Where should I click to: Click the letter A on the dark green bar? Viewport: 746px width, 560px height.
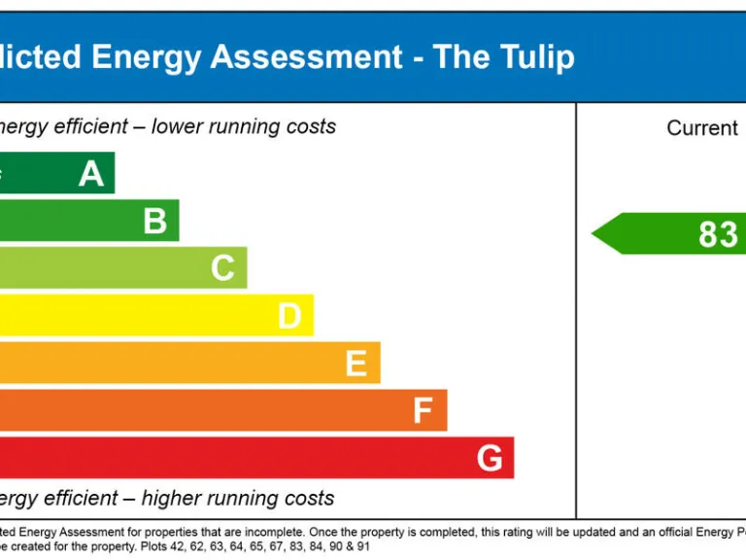[91, 174]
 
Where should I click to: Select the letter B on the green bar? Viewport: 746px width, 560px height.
[155, 222]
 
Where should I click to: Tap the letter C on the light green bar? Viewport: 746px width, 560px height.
[223, 268]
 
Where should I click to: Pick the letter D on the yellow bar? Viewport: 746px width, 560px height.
[289, 316]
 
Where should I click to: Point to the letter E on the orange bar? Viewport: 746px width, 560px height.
[356, 364]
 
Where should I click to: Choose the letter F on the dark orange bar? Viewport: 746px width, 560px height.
[423, 411]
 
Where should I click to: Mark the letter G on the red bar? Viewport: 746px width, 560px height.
[490, 458]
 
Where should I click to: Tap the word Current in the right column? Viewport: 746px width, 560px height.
[702, 128]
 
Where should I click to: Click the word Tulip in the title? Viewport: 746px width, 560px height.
[531, 57]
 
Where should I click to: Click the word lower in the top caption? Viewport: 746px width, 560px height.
[179, 126]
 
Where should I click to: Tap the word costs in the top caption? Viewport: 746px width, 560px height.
[310, 126]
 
